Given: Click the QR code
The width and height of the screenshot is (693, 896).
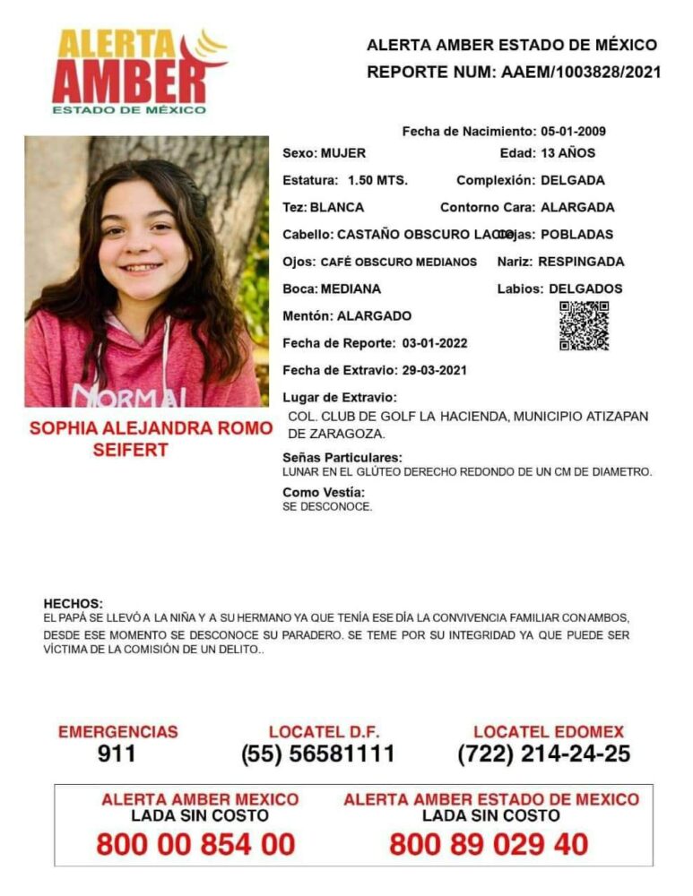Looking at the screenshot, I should coord(584,325).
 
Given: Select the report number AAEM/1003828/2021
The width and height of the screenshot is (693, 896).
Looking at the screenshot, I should coord(577,73).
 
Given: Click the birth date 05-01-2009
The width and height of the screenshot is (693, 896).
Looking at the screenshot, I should coord(573,132).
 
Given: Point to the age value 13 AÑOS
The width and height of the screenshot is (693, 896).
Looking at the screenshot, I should coord(567,153).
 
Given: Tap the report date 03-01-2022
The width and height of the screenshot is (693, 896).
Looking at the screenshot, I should coord(434,343).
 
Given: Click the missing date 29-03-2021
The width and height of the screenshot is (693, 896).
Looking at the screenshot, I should coord(434,370).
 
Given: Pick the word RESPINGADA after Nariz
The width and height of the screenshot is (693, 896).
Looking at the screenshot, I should coord(581,262).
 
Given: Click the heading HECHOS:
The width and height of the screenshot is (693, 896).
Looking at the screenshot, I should coord(73,604).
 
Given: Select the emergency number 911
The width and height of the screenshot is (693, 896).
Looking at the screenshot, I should coord(117,754).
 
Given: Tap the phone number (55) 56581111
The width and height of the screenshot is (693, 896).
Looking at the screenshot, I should coord(317,754).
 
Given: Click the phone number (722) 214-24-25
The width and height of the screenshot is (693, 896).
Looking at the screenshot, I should coord(544,754).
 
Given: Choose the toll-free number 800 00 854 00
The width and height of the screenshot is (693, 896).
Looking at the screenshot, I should coord(195,843).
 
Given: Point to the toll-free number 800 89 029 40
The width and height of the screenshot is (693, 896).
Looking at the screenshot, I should coord(489,843).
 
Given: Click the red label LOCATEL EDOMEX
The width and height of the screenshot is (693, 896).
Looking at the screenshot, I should coord(549,732).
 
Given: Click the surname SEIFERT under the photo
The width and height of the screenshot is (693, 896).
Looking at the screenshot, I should coord(130,450).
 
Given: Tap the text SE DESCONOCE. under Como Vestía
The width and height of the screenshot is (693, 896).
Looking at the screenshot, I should coord(326,507).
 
